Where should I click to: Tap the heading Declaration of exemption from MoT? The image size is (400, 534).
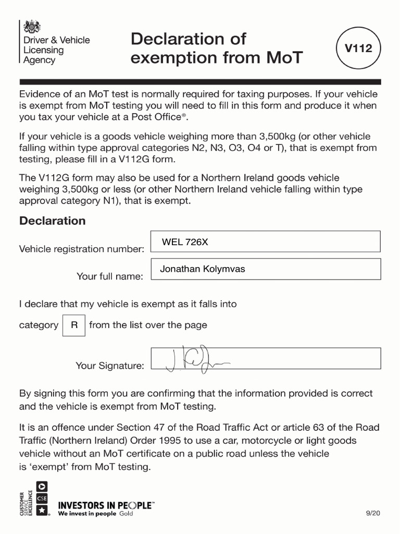pyautogui.click(x=216, y=48)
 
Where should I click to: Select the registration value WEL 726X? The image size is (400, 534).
pyautogui.click(x=185, y=242)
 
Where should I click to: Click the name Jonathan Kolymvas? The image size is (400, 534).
pyautogui.click(x=202, y=269)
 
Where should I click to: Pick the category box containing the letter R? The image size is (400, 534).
pyautogui.click(x=74, y=325)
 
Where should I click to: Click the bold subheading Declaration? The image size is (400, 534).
pyautogui.click(x=52, y=221)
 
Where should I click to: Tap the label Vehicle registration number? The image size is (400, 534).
pyautogui.click(x=81, y=249)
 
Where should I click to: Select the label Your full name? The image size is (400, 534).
pyautogui.click(x=109, y=276)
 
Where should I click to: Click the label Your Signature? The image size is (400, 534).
pyautogui.click(x=109, y=366)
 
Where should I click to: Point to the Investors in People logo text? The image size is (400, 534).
pyautogui.click(x=106, y=505)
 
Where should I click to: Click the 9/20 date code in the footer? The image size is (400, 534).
pyautogui.click(x=374, y=513)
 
